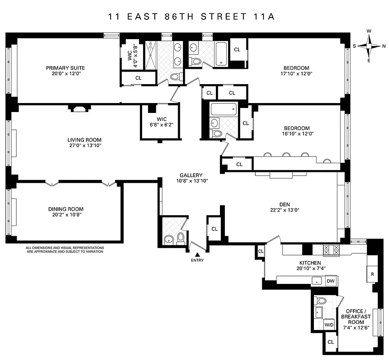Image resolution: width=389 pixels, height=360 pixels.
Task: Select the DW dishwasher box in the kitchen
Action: [x=331, y=281]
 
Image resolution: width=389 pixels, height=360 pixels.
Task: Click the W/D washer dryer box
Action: [x=329, y=324]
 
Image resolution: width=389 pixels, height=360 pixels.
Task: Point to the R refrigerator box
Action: [x=372, y=274]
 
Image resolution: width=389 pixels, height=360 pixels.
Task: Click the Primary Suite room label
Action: [x=65, y=68]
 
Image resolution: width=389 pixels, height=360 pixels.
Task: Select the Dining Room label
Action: [x=66, y=209]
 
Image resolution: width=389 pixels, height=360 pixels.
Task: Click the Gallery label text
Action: [x=191, y=175]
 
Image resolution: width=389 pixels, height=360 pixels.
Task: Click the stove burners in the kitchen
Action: [x=331, y=249]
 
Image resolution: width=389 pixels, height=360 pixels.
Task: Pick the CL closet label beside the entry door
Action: [x=215, y=229]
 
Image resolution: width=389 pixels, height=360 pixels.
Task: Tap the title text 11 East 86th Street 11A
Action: [x=191, y=17]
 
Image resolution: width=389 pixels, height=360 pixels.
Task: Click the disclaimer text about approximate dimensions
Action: [x=65, y=249]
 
